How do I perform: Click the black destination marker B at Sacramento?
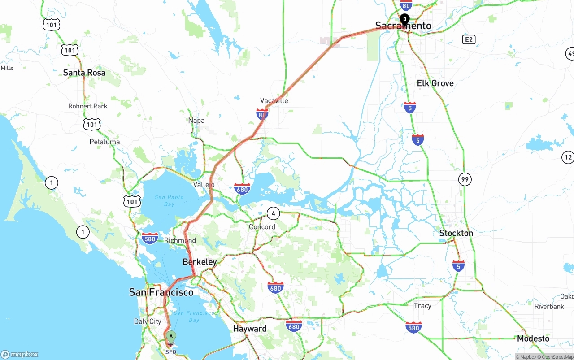click(x=404, y=19)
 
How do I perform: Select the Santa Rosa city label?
click(x=84, y=73)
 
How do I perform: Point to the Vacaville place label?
click(x=274, y=100)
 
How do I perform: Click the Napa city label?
click(x=196, y=120)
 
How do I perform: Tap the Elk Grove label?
click(x=435, y=83)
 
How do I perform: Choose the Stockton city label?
click(x=456, y=233)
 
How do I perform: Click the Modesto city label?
click(x=533, y=338)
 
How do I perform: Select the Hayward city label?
click(x=250, y=329)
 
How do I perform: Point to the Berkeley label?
click(x=200, y=262)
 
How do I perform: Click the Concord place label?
click(x=262, y=226)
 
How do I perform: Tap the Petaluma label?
click(x=104, y=142)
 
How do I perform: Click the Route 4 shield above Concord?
click(x=273, y=213)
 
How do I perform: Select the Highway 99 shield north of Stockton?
click(x=465, y=180)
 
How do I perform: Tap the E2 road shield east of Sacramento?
click(x=469, y=40)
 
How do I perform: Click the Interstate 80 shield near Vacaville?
click(x=262, y=114)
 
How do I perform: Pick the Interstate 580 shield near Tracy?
click(x=413, y=327)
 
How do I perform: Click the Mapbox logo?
click(x=20, y=354)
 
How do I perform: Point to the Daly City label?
click(x=148, y=321)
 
